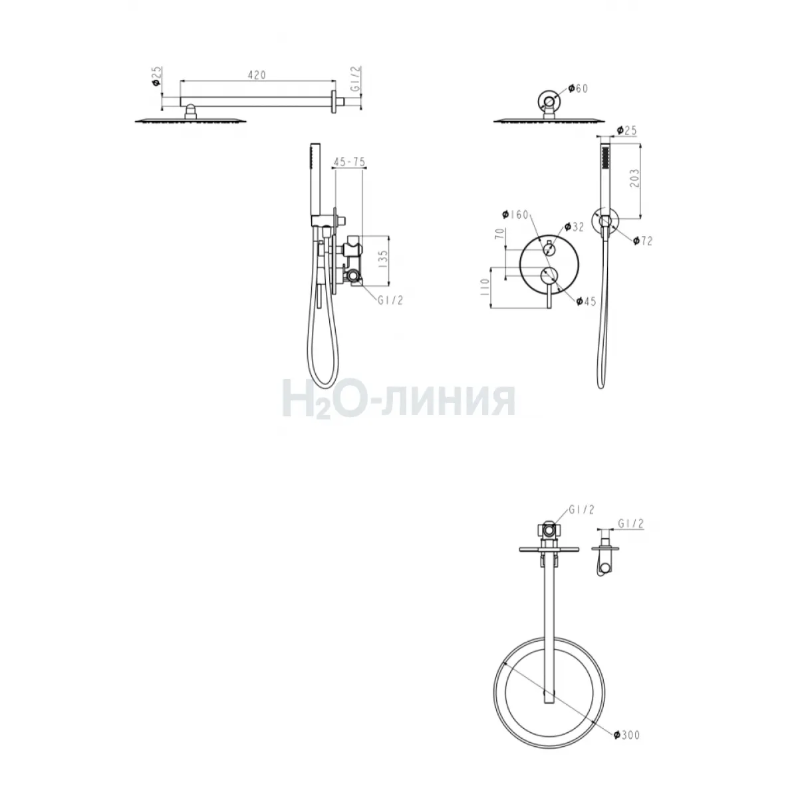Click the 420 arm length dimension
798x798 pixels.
point(257,75)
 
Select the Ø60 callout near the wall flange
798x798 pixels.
point(578,88)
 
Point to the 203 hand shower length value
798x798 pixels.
point(634,178)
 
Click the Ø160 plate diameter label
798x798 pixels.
point(515,215)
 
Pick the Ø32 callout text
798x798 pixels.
point(574,227)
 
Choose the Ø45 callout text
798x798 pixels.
point(586,301)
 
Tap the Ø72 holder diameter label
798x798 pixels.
point(642,241)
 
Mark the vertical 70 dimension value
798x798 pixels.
point(500,233)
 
